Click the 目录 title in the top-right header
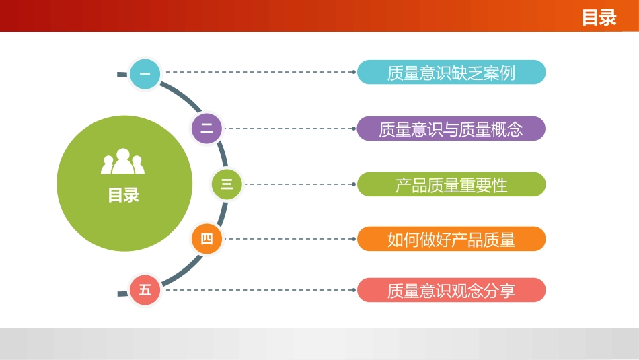[599, 17]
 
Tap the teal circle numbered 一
[145, 73]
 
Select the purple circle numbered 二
[206, 129]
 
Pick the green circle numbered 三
[227, 184]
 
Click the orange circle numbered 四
[206, 239]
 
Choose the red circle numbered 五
[145, 290]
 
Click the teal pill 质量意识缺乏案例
[451, 73]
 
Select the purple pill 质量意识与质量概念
[451, 129]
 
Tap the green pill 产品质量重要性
[451, 184]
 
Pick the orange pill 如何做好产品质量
[451, 239]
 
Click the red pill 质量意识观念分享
[451, 290]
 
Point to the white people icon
[123, 161]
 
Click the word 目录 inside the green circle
[123, 195]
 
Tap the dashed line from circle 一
[259, 72]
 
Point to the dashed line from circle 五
[259, 290]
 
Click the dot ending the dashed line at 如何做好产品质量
[354, 239]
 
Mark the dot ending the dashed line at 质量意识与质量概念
[354, 129]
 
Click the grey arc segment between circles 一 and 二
[182, 94]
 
